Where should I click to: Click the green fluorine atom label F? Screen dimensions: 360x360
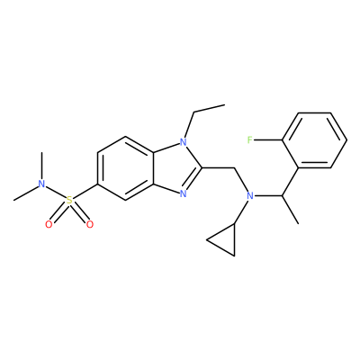(250, 139)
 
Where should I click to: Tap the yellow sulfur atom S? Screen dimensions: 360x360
(69, 200)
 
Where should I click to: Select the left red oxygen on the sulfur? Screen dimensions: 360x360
(49, 224)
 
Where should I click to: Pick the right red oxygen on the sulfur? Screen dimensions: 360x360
(90, 224)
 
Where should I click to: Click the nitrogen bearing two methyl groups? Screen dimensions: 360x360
(41, 184)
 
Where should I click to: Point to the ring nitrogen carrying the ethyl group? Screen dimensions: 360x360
(184, 141)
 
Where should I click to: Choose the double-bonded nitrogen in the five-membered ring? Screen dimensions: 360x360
(184, 193)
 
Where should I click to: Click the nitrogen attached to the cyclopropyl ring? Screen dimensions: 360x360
(250, 196)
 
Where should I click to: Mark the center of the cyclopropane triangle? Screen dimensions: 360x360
(226, 240)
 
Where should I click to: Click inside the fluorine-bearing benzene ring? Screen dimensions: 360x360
(314, 140)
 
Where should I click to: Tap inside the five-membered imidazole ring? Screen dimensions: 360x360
(176, 167)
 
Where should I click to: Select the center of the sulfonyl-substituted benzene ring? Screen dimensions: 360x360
(125, 168)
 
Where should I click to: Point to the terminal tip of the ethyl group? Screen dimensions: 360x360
(224, 104)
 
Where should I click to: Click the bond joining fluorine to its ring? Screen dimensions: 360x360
(268, 139)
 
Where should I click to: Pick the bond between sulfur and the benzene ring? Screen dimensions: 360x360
(85, 192)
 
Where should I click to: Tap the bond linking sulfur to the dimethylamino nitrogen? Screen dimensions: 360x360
(56, 192)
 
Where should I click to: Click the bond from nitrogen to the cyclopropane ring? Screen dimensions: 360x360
(241, 212)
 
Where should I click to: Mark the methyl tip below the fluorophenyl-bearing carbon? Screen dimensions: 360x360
(298, 223)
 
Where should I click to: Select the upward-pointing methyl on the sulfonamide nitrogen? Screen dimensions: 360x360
(41, 152)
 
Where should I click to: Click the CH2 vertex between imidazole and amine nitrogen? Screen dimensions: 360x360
(234, 168)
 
